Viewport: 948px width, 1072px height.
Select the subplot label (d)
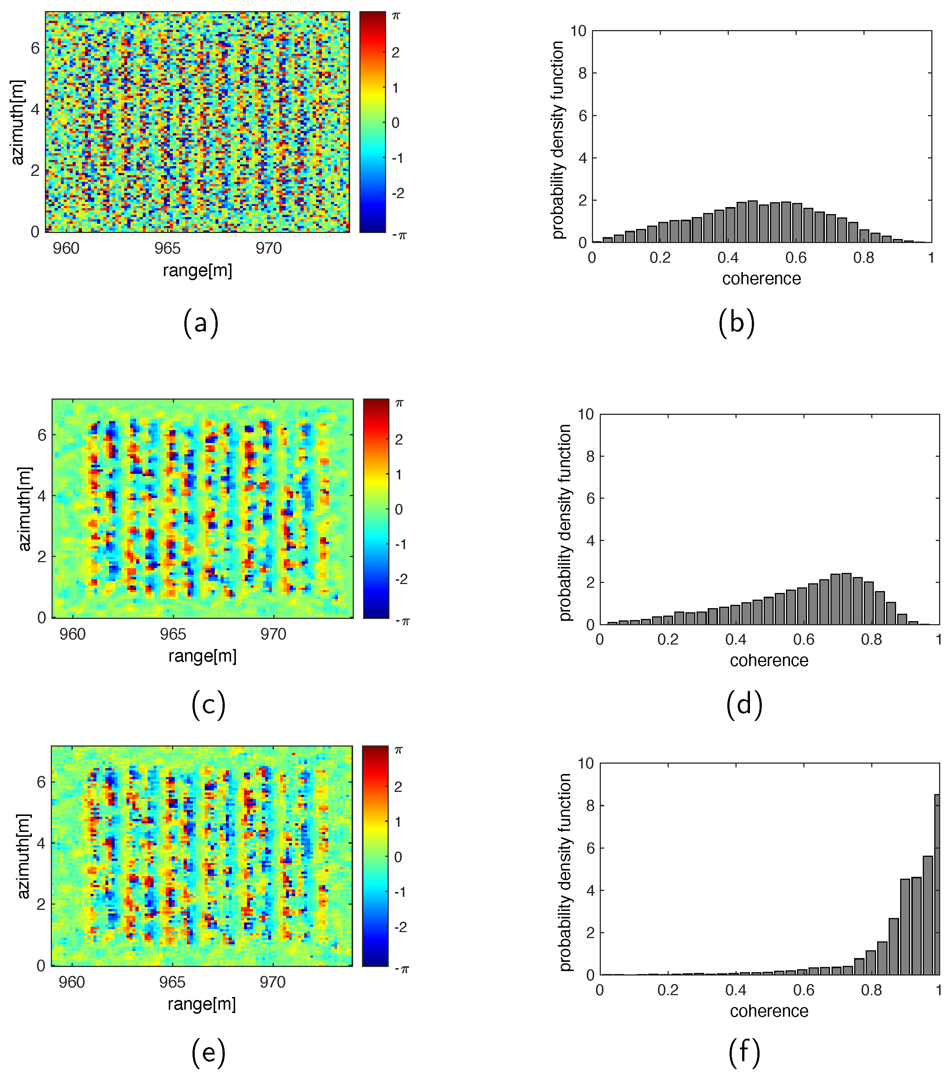click(744, 704)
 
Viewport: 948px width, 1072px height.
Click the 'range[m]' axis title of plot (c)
click(203, 656)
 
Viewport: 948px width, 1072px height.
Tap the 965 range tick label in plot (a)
click(167, 248)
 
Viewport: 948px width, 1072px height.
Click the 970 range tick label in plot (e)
click(273, 982)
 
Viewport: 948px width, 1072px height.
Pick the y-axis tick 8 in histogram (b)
click(582, 73)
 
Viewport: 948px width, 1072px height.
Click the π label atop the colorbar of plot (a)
click(396, 16)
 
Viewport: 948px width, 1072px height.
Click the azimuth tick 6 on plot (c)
click(42, 435)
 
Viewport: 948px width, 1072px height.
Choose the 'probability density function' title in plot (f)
click(564, 872)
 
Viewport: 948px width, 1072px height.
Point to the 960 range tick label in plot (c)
click(72, 635)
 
